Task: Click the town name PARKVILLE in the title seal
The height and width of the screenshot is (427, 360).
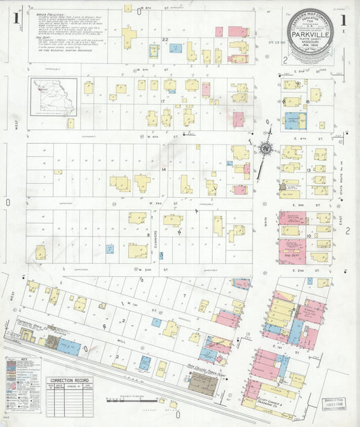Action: (313, 30)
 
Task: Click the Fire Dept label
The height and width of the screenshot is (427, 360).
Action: (293, 257)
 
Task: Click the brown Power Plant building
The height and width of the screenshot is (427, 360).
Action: (203, 384)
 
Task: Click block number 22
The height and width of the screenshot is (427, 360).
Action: (165, 41)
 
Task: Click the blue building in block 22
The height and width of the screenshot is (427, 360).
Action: (176, 49)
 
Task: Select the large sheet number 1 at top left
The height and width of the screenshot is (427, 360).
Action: (16, 14)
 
